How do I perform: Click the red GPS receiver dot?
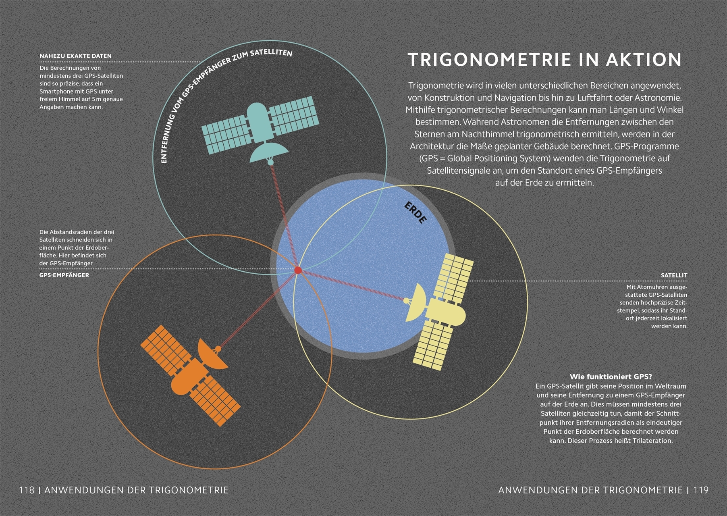[298, 270]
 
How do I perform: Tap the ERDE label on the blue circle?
[415, 213]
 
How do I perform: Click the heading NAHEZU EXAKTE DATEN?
[75, 56]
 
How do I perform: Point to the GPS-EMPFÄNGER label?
[64, 275]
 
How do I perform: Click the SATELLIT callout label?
[674, 275]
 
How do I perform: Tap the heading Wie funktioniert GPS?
[611, 377]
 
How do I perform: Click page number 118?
[27, 490]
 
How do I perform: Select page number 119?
[700, 490]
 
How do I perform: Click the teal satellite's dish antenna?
[269, 153]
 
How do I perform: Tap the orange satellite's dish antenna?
[212, 354]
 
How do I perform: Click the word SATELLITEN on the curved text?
[271, 52]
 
